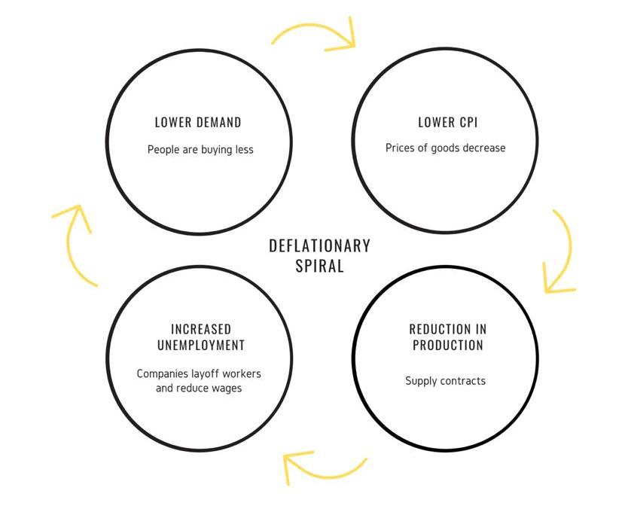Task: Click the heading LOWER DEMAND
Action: pyautogui.click(x=198, y=122)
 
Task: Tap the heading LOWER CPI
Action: pyautogui.click(x=447, y=122)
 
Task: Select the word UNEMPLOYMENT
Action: pyautogui.click(x=201, y=346)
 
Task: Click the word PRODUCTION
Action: pyautogui.click(x=447, y=346)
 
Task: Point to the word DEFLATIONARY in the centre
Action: pyautogui.click(x=320, y=245)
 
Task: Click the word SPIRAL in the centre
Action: pyautogui.click(x=320, y=266)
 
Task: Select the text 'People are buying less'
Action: pyautogui.click(x=200, y=149)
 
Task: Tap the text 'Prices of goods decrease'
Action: pyautogui.click(x=445, y=148)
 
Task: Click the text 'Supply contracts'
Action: pyautogui.click(x=445, y=381)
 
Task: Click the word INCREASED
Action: pyautogui.click(x=201, y=330)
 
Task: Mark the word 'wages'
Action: pyautogui.click(x=227, y=388)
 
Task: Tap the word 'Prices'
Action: pyautogui.click(x=401, y=148)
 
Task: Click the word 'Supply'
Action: pyautogui.click(x=422, y=381)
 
